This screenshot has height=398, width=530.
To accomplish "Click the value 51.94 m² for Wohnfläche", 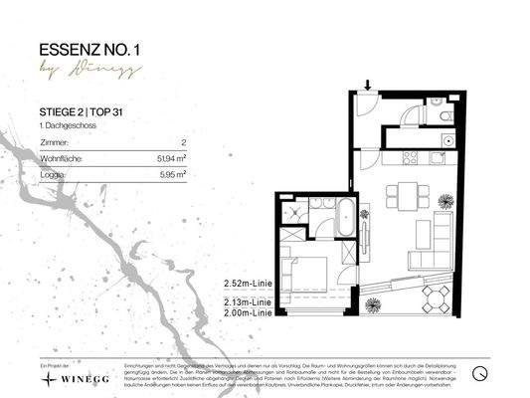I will (171, 157).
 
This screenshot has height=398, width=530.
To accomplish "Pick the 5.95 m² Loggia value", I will (173, 172).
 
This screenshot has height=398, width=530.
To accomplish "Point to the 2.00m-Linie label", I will (250, 312).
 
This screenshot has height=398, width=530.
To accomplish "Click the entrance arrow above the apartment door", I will (368, 88).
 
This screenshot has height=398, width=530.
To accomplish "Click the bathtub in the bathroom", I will (344, 216).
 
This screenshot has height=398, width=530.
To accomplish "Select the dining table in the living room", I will (403, 194).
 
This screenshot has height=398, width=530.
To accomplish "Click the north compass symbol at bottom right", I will (480, 375).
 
